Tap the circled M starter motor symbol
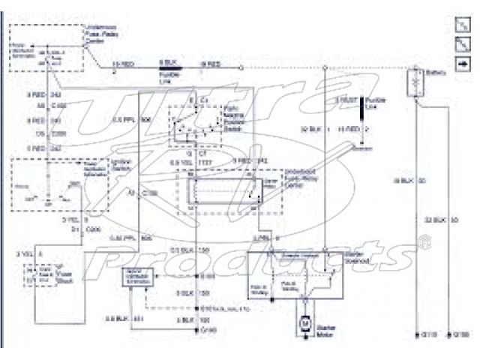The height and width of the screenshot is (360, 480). pyautogui.click(x=305, y=321)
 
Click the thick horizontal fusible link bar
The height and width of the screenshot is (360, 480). pyautogui.click(x=169, y=67)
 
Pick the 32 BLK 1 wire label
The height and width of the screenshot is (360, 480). pyautogui.click(x=307, y=129)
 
